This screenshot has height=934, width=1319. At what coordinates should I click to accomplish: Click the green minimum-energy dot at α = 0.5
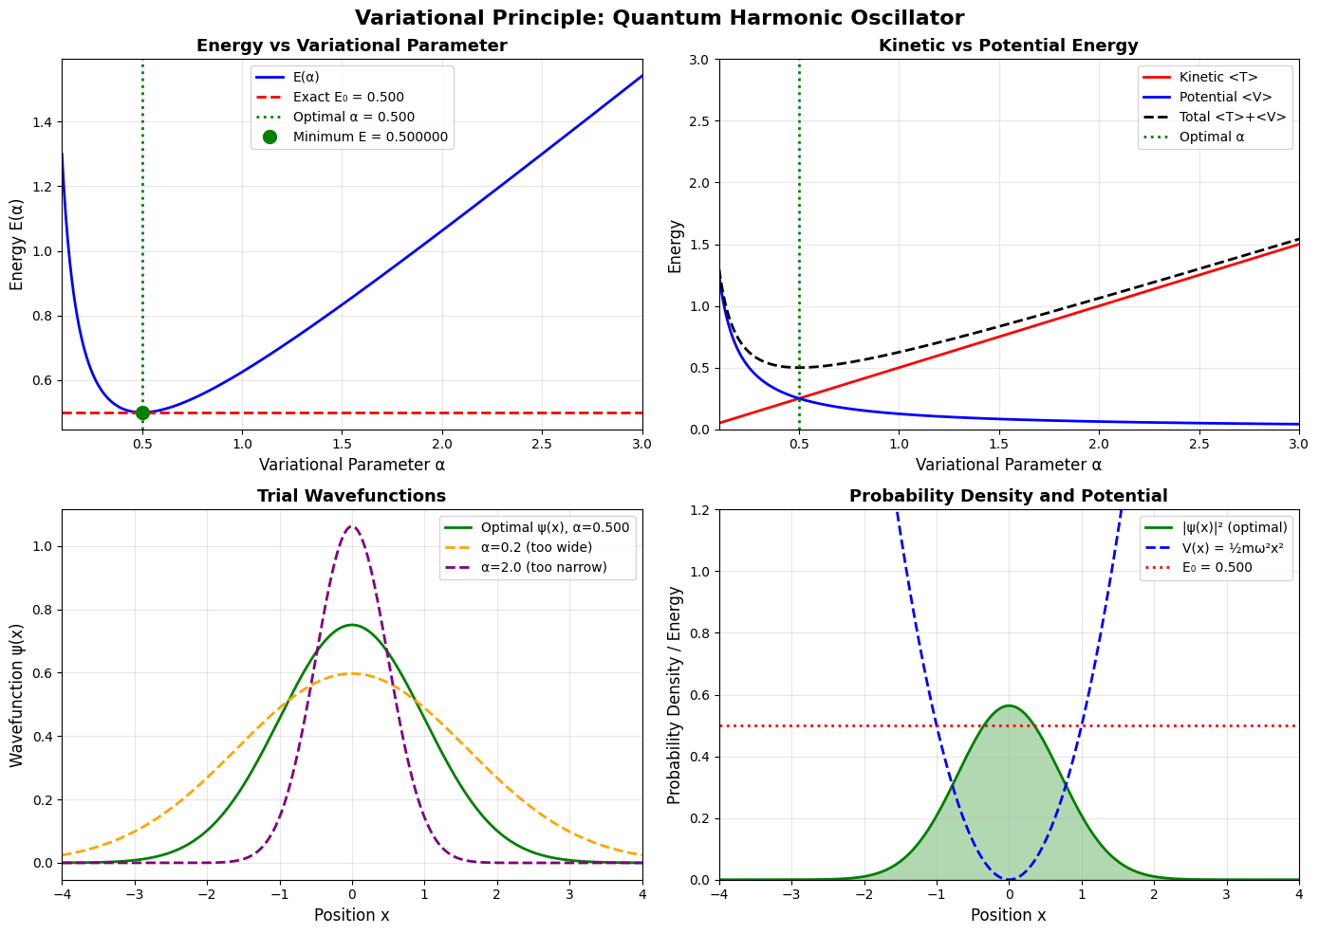(142, 412)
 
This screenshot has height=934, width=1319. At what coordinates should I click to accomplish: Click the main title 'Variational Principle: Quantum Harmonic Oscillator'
(659, 18)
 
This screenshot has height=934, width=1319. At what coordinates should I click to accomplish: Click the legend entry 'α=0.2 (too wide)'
(537, 547)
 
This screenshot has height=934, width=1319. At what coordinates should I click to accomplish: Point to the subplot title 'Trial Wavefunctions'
(352, 496)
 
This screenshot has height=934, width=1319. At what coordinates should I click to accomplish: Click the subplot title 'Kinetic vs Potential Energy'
(1009, 46)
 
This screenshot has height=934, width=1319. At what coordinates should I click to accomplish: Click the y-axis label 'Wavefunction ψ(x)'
(17, 695)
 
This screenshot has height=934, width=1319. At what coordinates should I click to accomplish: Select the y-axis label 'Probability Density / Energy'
(675, 695)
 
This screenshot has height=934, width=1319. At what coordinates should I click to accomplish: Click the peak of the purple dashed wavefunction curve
(352, 526)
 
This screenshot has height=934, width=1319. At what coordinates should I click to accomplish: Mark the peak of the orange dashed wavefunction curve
(352, 673)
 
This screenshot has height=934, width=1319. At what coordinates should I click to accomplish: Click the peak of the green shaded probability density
(1009, 705)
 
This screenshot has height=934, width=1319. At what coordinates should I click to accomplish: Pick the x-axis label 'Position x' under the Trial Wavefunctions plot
(352, 915)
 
